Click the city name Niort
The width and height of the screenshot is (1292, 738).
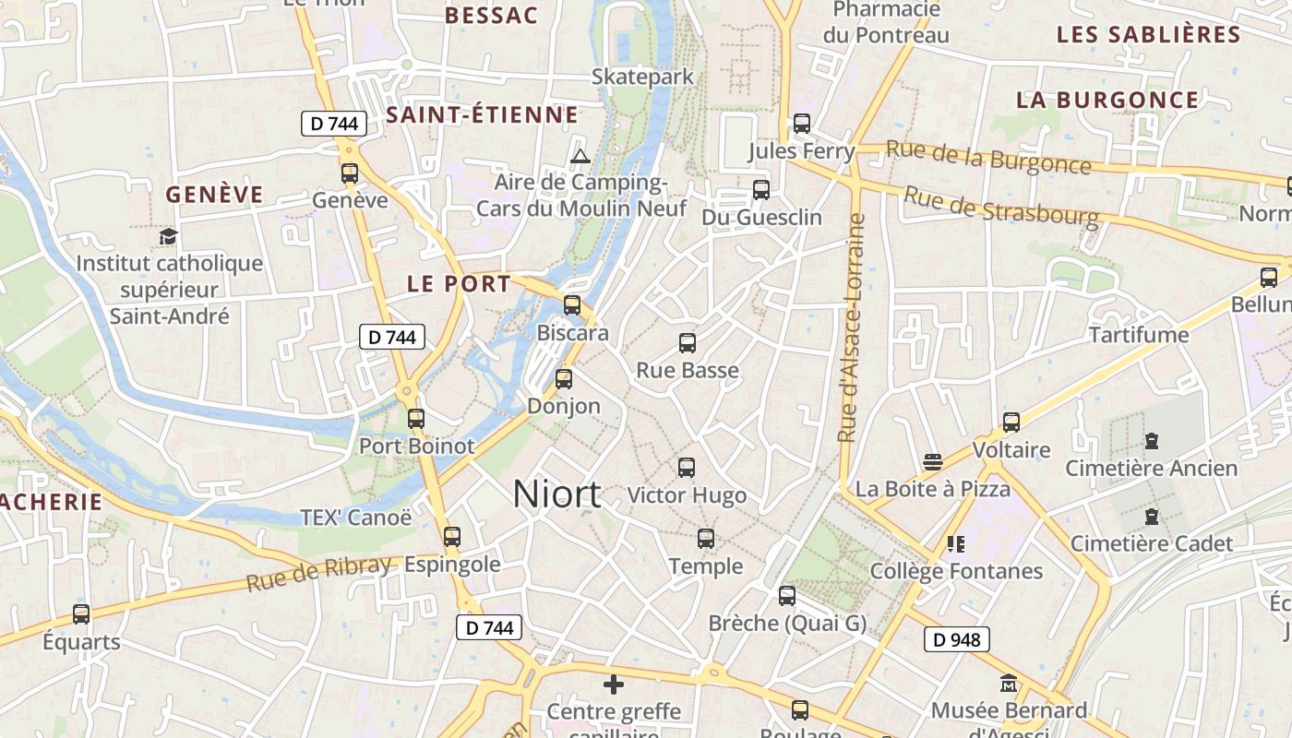click(556, 494)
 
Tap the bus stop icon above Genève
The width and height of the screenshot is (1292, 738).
click(350, 173)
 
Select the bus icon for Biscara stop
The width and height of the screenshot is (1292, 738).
click(572, 304)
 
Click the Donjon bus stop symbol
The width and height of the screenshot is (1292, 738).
click(564, 378)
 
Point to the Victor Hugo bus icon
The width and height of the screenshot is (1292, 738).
click(687, 467)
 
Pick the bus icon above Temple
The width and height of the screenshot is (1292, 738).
click(706, 538)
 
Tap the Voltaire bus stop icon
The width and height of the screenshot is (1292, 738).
click(1011, 422)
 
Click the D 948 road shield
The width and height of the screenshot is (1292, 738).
click(956, 639)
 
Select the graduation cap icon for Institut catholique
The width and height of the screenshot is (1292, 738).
click(168, 236)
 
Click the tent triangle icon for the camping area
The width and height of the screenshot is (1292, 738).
click(580, 156)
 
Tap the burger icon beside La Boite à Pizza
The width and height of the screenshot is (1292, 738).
click(933, 461)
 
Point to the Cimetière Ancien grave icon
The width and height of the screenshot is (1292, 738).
click(1151, 441)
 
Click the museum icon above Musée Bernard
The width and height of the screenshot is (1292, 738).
click(1008, 684)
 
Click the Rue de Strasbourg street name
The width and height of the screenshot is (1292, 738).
click(1001, 208)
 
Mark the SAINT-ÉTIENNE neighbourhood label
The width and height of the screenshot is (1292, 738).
click(482, 115)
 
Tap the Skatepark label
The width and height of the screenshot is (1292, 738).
click(642, 77)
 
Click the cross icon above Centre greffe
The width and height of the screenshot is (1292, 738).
click(614, 684)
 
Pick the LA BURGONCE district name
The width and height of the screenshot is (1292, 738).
click(1107, 100)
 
